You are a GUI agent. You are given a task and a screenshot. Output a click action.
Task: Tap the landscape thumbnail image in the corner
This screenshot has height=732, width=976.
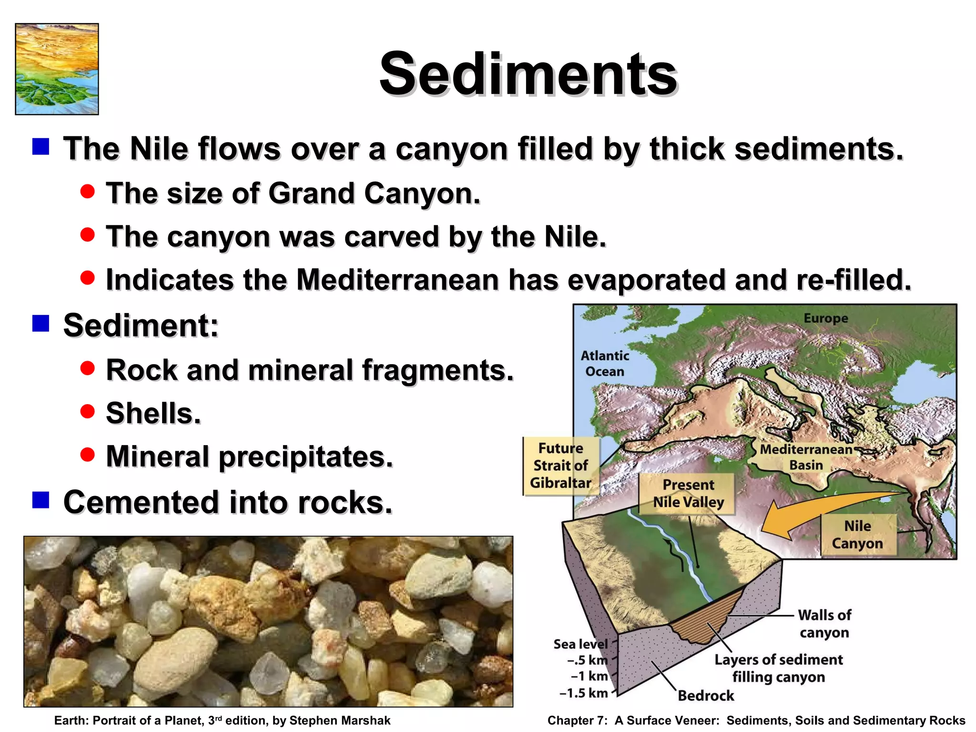[57, 69]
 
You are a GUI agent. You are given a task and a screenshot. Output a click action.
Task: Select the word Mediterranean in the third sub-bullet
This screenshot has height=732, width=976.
[397, 280]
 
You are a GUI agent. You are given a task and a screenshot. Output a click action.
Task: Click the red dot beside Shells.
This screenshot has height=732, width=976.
[88, 411]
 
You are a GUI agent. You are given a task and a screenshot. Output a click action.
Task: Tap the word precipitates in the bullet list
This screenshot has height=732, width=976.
[305, 457]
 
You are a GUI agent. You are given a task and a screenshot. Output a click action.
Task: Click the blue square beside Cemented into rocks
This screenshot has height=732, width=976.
[41, 500]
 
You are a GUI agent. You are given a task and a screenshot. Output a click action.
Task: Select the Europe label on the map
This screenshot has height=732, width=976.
[825, 318]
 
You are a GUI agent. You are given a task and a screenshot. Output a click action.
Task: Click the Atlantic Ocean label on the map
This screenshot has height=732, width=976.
[604, 363]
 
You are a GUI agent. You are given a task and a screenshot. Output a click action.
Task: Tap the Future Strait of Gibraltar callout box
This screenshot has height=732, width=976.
[561, 466]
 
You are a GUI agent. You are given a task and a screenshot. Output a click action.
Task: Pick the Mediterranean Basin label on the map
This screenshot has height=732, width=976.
[806, 457]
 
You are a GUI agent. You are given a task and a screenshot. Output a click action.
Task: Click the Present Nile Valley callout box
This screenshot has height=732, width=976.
[688, 493]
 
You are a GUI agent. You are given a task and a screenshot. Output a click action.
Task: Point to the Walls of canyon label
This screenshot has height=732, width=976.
[824, 623]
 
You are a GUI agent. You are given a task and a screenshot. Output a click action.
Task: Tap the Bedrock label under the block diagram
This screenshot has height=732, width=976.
[705, 695]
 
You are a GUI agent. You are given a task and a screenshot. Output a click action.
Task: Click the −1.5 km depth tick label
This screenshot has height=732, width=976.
[584, 692]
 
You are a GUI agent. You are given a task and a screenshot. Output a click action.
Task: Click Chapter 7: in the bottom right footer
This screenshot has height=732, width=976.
[577, 720]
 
